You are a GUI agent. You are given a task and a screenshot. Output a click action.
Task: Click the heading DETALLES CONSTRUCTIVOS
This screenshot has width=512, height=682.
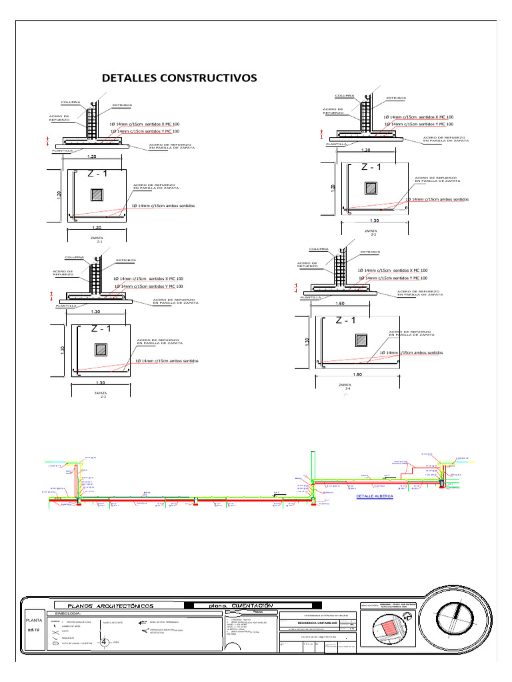[179, 78]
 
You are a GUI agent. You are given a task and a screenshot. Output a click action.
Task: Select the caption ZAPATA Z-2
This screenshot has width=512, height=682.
[371, 232]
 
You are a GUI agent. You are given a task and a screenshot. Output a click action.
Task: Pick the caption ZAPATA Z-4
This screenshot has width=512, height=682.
[345, 386]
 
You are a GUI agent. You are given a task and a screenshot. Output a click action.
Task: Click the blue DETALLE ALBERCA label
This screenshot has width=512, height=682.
[375, 496]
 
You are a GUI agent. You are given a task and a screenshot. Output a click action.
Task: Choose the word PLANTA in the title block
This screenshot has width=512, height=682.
[34, 620]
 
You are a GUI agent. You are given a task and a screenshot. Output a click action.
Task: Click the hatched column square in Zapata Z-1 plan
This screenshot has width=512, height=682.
[97, 194]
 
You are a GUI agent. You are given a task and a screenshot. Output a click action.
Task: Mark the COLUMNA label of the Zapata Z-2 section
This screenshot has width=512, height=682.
[345, 96]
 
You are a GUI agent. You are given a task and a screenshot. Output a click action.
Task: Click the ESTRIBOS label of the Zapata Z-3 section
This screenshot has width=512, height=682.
[127, 260]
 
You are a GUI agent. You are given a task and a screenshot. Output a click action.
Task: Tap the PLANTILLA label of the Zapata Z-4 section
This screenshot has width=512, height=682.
[311, 298]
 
